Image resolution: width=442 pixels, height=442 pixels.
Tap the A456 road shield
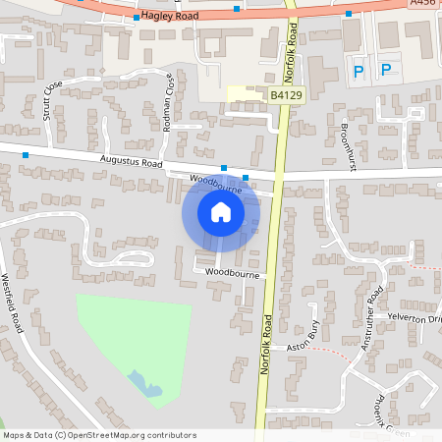pyautogui.click(x=423, y=3)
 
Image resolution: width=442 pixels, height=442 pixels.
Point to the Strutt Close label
pyautogui.click(x=47, y=97)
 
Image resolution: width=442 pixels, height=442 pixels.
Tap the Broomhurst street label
pyautogui.click(x=346, y=141)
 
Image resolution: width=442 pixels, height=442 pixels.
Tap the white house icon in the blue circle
pyautogui.click(x=221, y=211)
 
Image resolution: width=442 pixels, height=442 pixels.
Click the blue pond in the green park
pyautogui.click(x=145, y=383)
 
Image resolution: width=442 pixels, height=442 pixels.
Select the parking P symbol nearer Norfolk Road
pyautogui.click(x=359, y=71)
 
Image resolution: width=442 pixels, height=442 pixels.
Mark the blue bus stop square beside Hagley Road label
pyautogui.click(x=136, y=18)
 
